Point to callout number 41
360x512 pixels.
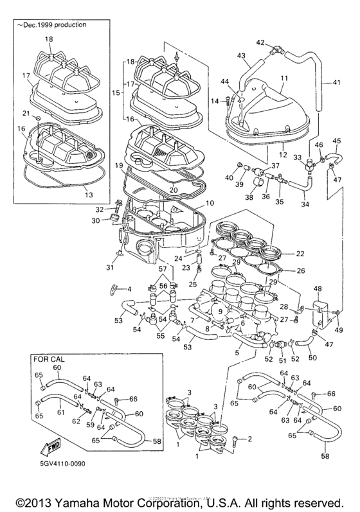pyautogui.click(x=337, y=83)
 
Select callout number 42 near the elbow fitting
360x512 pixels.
pyautogui.click(x=261, y=42)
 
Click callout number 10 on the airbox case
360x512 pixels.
pyautogui.click(x=210, y=204)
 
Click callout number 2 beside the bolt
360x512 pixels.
pyautogui.click(x=250, y=439)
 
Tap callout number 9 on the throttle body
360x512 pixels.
pyautogui.click(x=220, y=312)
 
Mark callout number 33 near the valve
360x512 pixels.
pyautogui.click(x=296, y=157)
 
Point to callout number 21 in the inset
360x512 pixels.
pyautogui.click(x=37, y=113)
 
